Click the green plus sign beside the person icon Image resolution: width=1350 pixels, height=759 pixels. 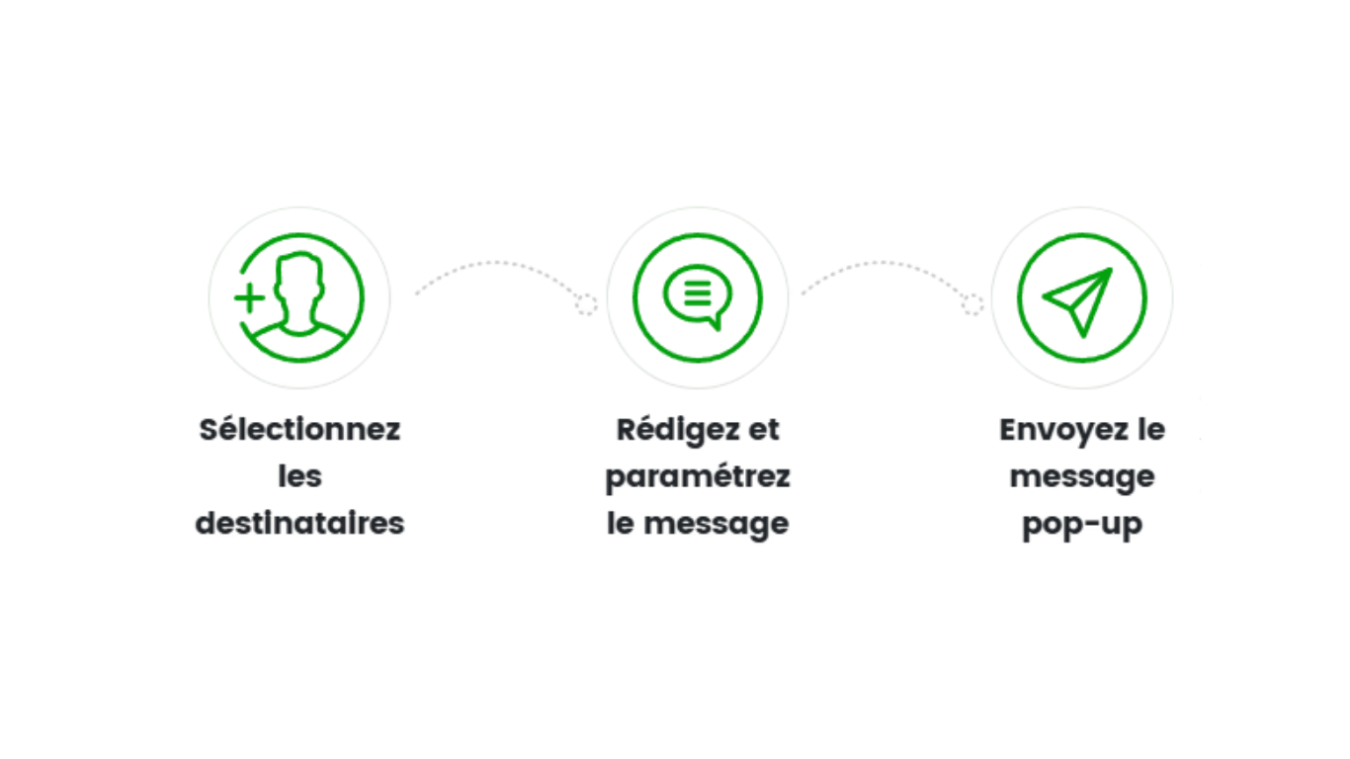pos(249,296)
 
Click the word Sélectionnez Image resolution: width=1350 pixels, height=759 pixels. pos(299,431)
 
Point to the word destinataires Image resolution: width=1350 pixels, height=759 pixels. pos(299,523)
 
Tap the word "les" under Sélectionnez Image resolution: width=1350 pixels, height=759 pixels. pos(299,477)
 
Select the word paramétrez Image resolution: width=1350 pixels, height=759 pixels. pos(697,477)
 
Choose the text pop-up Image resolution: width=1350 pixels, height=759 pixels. pos(1082,523)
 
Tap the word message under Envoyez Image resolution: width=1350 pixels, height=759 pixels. pos(1082,477)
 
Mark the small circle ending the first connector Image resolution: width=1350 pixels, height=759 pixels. pos(587,304)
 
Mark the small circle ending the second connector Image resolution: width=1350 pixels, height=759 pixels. pos(974,304)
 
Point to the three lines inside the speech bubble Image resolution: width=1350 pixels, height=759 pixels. pos(696,293)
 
